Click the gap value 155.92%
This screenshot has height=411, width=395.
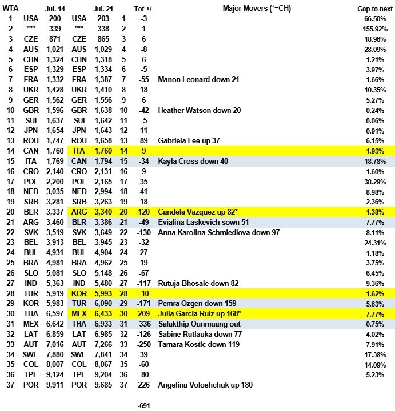[370, 28]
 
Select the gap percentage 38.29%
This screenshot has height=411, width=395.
[372, 182]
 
